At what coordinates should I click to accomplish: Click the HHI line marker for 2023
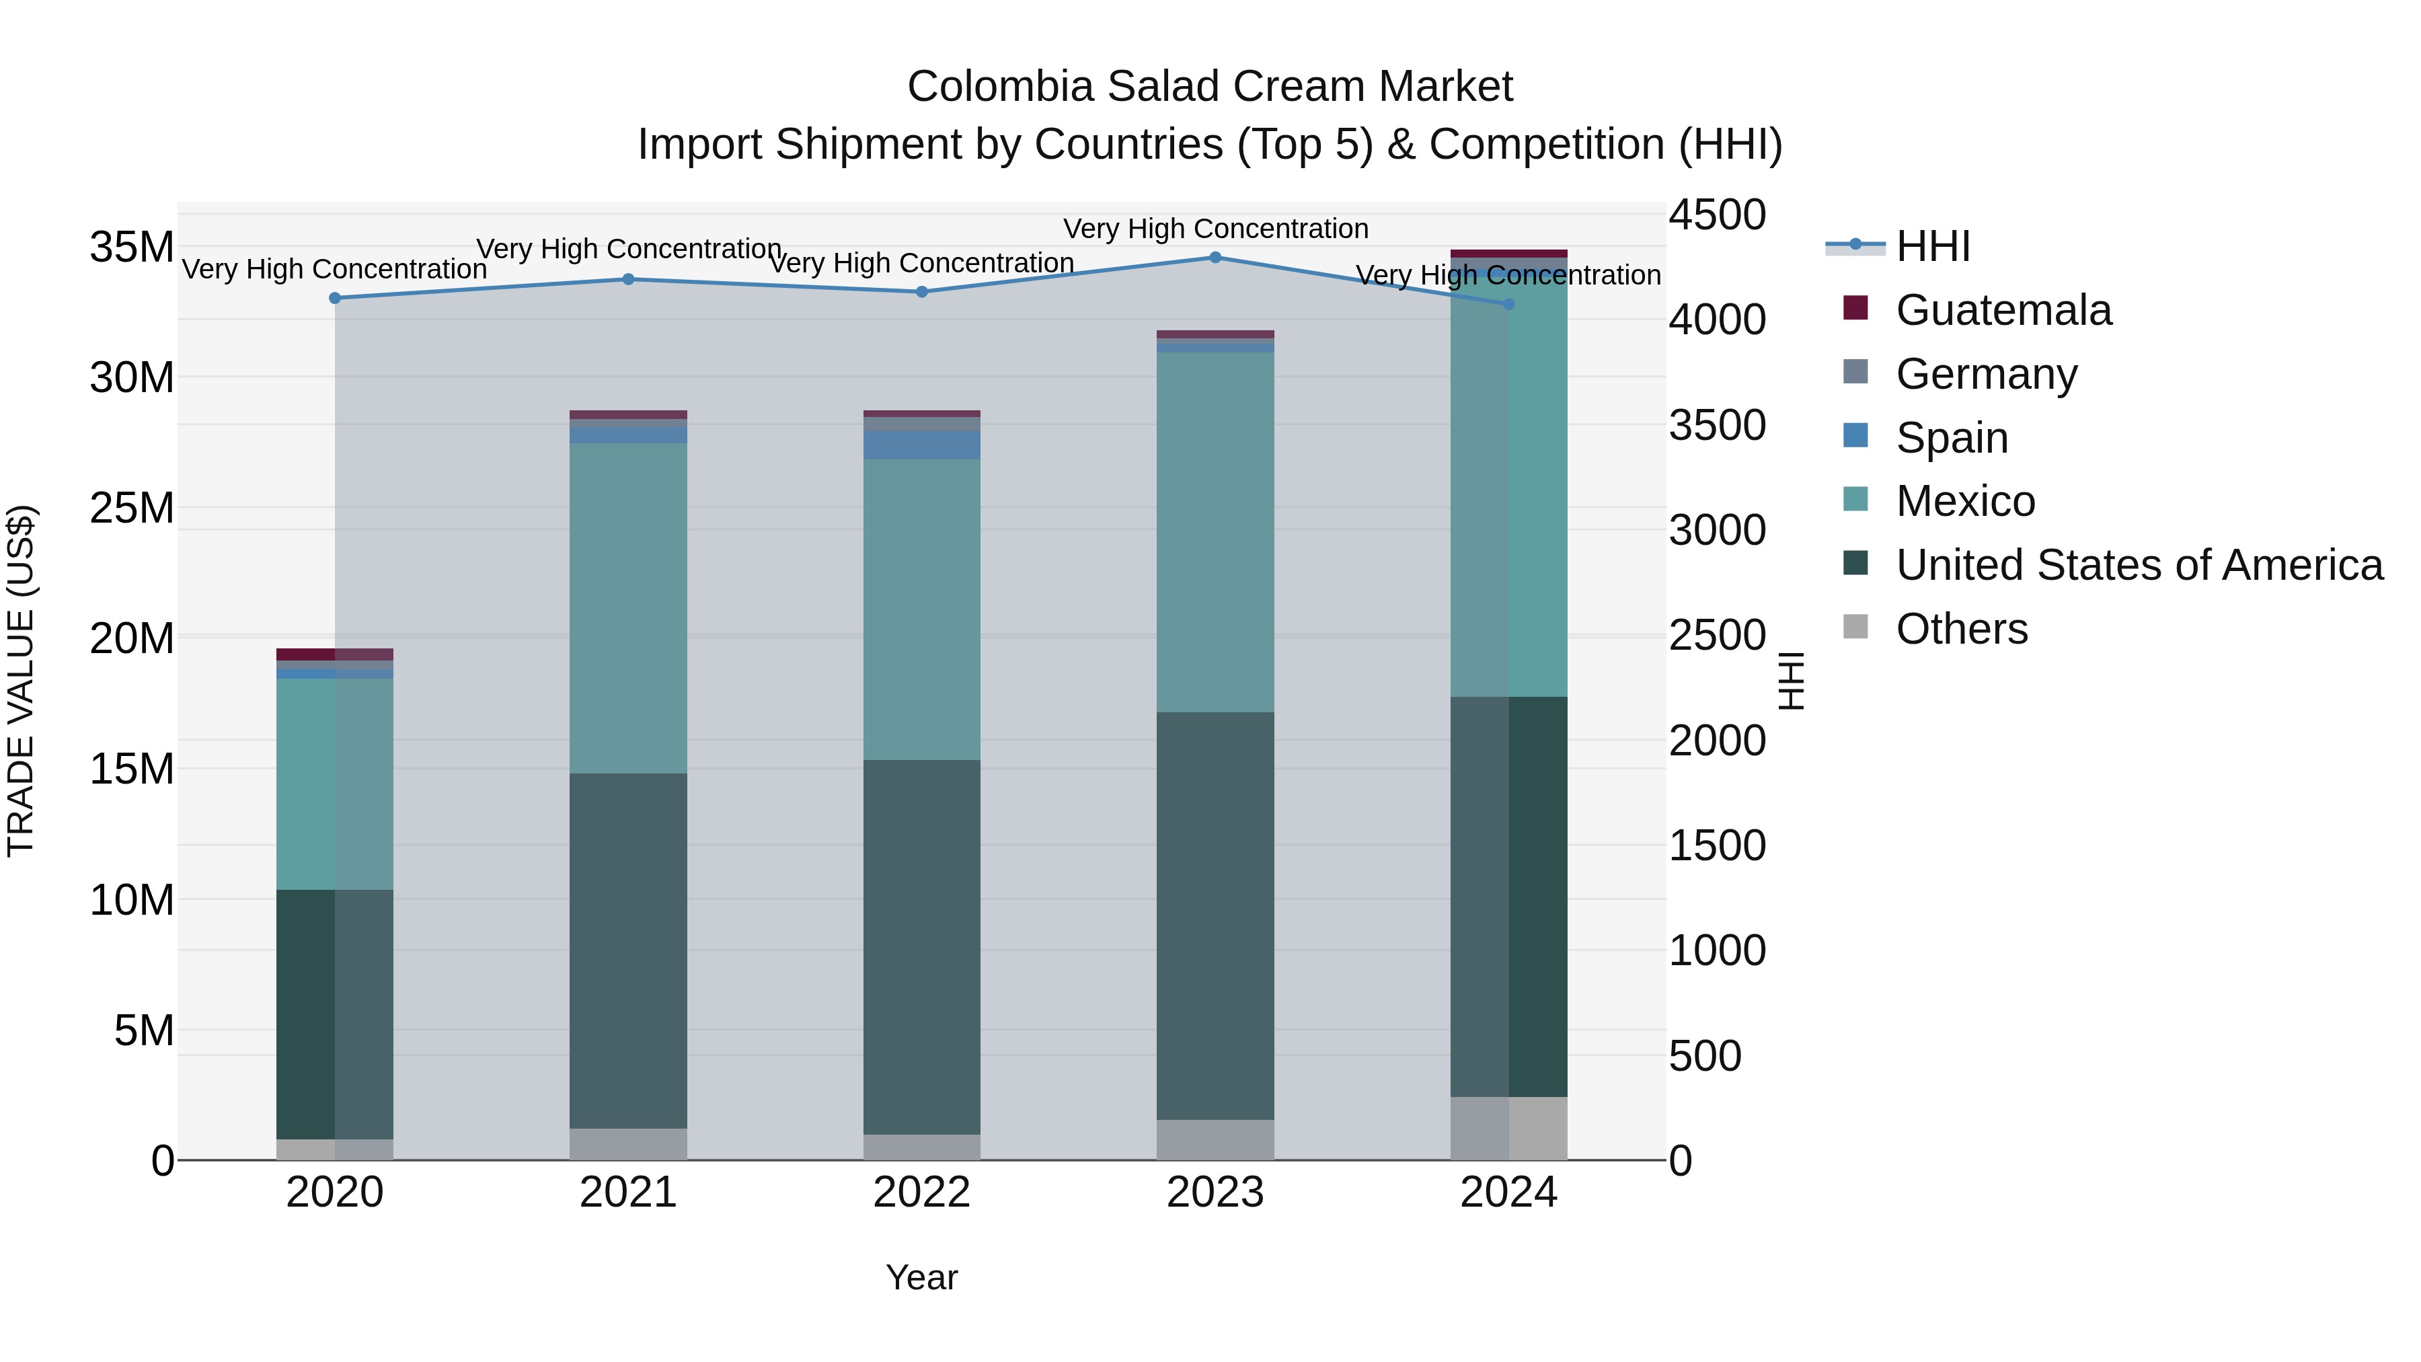tap(1215, 258)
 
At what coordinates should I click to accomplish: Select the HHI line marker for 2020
tap(336, 298)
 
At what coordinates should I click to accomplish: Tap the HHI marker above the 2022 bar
tap(922, 293)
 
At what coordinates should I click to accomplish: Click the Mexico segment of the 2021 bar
tap(628, 608)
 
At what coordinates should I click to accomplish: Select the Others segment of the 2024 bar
tap(1508, 1128)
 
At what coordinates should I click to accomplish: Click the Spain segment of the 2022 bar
tap(922, 445)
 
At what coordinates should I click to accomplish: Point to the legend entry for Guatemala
tap(2002, 310)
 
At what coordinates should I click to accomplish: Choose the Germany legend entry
tap(1985, 374)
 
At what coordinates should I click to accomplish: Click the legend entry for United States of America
tap(2138, 565)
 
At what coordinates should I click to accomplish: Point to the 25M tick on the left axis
tap(132, 508)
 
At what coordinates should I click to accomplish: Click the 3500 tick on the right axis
tap(1717, 426)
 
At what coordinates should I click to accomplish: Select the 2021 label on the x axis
tap(628, 1193)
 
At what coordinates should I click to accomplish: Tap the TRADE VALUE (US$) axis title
tap(21, 681)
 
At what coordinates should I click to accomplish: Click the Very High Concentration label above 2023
tap(1215, 229)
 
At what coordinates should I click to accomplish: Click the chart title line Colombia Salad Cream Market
tap(1210, 87)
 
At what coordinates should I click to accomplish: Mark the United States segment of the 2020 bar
tap(335, 1014)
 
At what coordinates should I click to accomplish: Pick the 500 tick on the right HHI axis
tap(1717, 1055)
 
